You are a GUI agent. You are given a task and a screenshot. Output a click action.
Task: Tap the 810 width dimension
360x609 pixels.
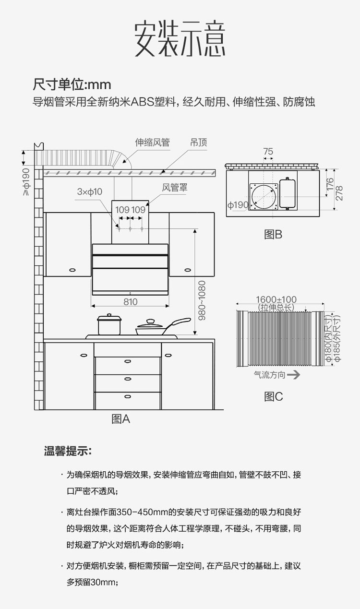130,302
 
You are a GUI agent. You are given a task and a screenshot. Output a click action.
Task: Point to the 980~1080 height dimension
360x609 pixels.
202,300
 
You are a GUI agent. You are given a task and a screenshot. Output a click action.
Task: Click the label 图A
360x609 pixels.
120,419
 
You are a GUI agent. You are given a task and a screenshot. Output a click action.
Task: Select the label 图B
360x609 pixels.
273,234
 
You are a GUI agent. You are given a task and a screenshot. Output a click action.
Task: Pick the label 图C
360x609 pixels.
273,396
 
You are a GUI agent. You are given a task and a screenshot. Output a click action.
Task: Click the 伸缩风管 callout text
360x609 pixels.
152,143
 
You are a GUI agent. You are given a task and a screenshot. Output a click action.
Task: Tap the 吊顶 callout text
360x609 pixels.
198,143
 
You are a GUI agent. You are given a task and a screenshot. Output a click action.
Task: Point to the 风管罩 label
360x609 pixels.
175,188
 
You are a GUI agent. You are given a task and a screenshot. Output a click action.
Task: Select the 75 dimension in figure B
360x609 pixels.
268,152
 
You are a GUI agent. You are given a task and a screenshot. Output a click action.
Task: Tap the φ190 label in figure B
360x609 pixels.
238,205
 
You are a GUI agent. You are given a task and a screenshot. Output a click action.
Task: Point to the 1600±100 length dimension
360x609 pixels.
276,300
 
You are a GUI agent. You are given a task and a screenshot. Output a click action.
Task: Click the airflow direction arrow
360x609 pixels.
293,375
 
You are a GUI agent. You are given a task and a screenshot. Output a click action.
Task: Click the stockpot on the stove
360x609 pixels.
109,325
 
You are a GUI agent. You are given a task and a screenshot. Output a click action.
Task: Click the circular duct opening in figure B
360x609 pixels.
264,197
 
